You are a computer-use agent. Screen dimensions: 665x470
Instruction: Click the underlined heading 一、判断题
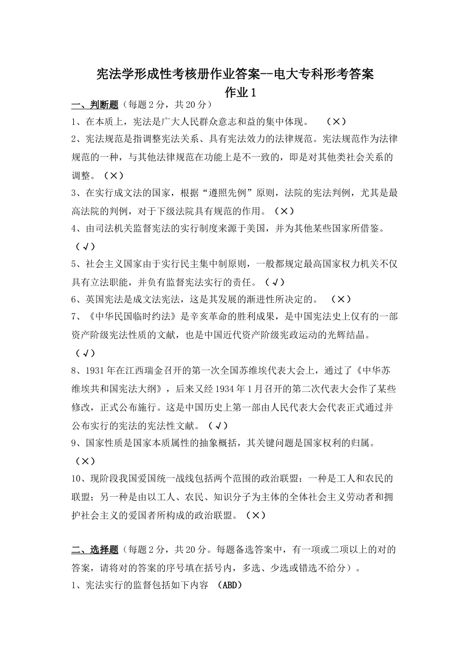[94, 104]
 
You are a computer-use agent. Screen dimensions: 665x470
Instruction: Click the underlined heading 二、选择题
[94, 550]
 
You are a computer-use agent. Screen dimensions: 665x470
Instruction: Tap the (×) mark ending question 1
[336, 122]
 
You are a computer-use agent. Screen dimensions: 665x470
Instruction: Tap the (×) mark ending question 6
[341, 299]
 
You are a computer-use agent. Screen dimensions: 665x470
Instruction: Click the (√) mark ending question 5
[275, 283]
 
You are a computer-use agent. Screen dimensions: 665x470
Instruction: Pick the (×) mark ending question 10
[255, 515]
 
